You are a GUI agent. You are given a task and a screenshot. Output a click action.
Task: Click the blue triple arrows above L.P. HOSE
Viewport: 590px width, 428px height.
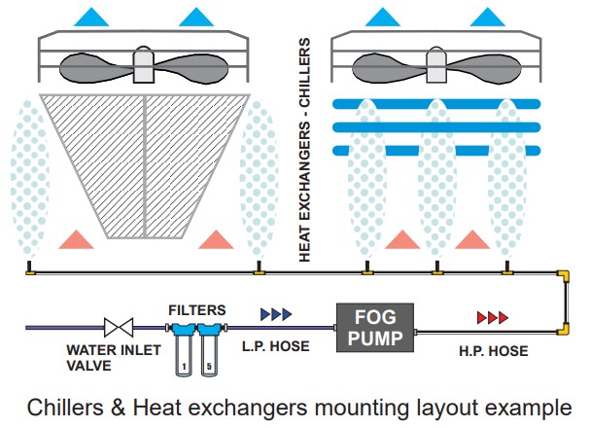point(275,315)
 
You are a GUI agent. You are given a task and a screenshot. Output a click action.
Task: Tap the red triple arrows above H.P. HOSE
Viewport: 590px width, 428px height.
point(492,317)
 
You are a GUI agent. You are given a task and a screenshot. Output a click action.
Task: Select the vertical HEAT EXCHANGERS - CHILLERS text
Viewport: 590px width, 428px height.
point(304,150)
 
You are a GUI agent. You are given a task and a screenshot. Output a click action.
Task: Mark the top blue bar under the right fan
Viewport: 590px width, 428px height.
point(436,103)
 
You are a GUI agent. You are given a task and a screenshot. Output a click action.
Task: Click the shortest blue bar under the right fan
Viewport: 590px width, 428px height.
point(436,150)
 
